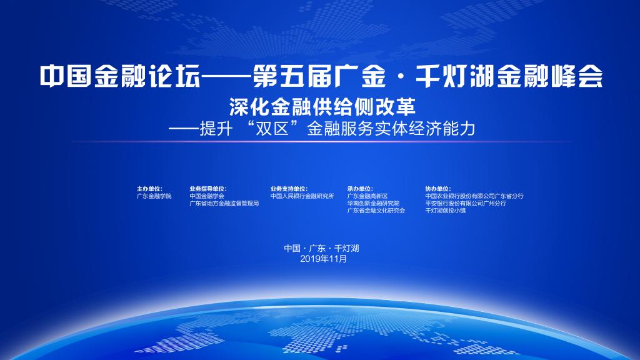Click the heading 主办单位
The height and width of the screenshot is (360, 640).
coord(149,189)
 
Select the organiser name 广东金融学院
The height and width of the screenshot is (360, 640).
coord(154,196)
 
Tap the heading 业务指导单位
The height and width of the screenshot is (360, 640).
coord(207,189)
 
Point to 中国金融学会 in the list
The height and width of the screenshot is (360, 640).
coord(206,196)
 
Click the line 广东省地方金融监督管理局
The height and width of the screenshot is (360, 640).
coord(224,203)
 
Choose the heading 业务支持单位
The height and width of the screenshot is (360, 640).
coord(289,189)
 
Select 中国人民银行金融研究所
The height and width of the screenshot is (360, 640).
coord(302,196)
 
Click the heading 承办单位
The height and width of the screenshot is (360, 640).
coord(360,189)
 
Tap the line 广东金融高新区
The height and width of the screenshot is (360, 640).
coord(367,196)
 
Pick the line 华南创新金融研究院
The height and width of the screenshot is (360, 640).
coord(373,203)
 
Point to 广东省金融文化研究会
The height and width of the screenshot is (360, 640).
coord(376,211)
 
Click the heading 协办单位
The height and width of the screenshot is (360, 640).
coord(438,189)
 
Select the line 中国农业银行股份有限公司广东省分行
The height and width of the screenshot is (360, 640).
coord(474,196)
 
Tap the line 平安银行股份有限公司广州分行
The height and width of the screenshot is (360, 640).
coord(466,203)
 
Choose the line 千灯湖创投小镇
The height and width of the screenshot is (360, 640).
coord(445,211)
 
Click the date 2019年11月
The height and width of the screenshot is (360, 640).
coord(323,259)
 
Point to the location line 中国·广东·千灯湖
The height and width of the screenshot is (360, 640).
coord(322,248)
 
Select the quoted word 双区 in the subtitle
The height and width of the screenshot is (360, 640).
coord(272,129)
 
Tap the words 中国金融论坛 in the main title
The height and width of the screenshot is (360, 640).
coord(121,76)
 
